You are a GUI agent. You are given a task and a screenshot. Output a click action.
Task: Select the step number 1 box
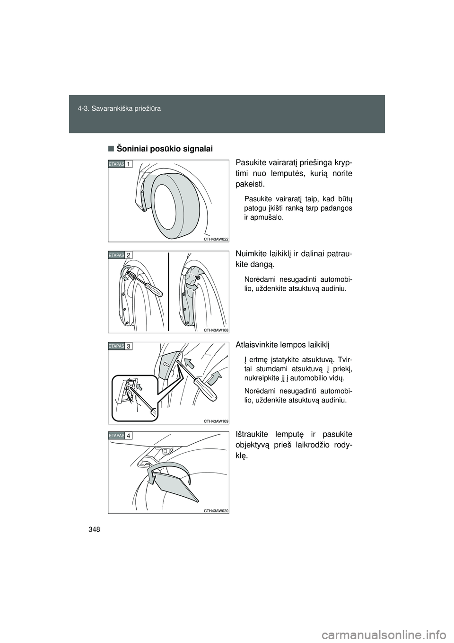[129, 164]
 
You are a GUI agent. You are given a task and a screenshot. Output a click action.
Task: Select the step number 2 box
[129, 255]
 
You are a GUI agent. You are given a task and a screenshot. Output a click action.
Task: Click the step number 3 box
[129, 347]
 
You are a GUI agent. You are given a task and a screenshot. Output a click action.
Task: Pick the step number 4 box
[129, 435]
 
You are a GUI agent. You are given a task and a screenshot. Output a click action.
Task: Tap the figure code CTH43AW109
[216, 420]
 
